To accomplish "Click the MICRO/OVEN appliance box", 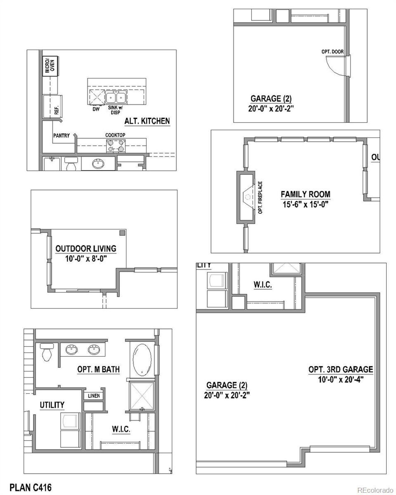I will (51, 66).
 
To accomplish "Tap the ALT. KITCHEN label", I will (147, 121).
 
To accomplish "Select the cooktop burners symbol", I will (116, 146).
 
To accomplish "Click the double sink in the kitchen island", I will (116, 97).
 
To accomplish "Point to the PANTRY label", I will (61, 136).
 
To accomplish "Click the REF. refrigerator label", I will (57, 110).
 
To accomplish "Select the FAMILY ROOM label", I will (305, 194).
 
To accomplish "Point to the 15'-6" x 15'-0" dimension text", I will (305, 204).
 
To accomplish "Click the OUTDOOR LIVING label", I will (86, 248).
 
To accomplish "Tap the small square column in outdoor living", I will (123, 233).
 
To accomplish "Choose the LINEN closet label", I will (94, 396).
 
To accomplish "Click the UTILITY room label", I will (52, 405).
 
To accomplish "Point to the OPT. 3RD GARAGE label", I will (341, 369).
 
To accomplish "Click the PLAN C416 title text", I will (31, 488).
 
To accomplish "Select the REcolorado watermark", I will (375, 490).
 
